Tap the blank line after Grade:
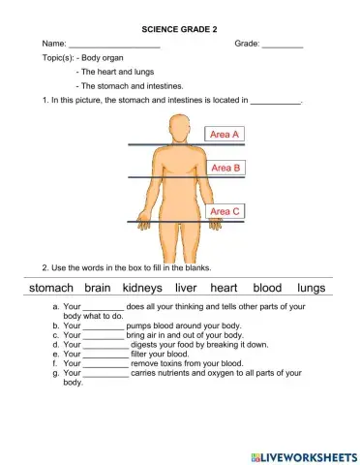point(283,46)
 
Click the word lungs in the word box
point(312,288)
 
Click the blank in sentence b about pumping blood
point(104,326)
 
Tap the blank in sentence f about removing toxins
point(105,362)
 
